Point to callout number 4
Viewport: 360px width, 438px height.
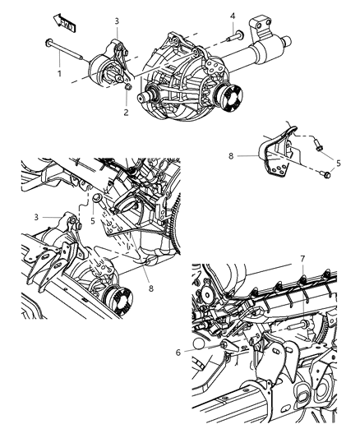click(233, 14)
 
